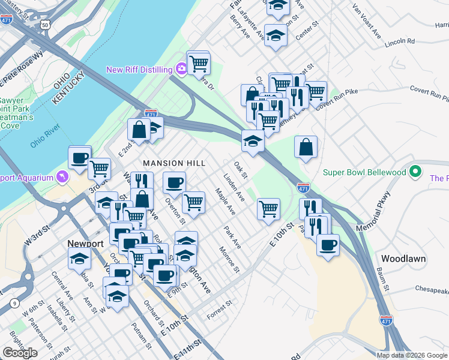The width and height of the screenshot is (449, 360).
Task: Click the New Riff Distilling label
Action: tap(139, 70)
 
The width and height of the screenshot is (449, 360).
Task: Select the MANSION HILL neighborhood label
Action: tap(174, 163)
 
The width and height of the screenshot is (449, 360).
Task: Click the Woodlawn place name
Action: tap(403, 259)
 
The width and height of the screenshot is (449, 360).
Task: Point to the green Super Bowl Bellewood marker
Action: tap(415, 172)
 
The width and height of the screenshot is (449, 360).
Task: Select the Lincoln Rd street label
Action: tap(400, 42)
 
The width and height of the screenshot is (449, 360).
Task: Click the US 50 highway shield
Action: tap(46, 26)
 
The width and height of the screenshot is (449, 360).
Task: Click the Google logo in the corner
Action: tap(20, 353)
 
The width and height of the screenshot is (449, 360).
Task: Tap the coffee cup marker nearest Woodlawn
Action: tap(328, 245)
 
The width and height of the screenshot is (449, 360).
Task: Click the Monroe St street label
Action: tap(229, 259)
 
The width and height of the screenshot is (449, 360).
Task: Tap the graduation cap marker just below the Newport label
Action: tap(80, 260)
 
